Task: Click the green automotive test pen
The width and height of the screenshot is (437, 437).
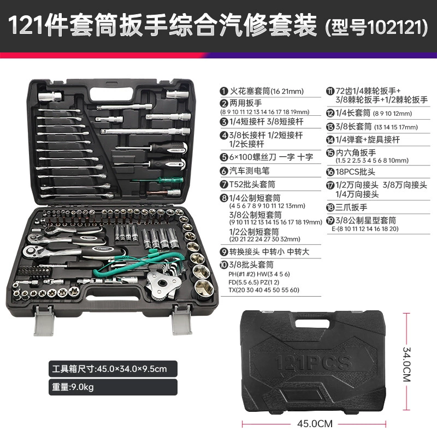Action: click(158, 180)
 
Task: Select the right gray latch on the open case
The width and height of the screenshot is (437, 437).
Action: click(182, 320)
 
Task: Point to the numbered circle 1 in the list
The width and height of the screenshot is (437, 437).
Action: click(224, 91)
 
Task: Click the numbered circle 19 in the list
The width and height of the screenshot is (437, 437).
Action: click(330, 221)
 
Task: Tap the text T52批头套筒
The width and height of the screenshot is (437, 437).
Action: click(252, 184)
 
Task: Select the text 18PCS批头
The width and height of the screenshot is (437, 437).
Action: click(356, 172)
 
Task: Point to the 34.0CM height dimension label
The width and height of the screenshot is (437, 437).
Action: click(406, 364)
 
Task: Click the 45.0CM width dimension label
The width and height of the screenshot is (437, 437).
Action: click(315, 424)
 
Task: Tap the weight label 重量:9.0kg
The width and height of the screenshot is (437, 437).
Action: click(73, 387)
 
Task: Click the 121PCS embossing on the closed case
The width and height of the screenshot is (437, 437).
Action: click(312, 363)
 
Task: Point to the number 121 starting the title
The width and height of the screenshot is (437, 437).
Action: click(26, 25)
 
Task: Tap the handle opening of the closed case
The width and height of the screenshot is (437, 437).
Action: click(312, 323)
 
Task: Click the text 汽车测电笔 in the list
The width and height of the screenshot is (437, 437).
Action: click(250, 171)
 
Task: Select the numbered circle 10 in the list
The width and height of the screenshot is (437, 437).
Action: click(224, 265)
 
